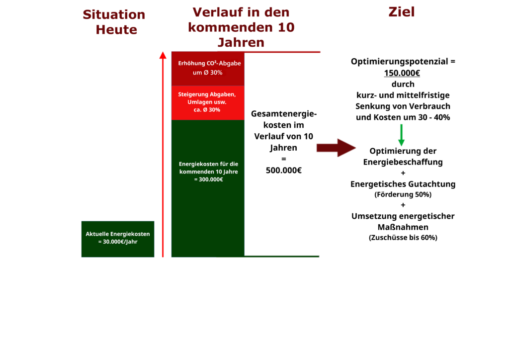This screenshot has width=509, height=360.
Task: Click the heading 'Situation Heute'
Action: coord(114,22)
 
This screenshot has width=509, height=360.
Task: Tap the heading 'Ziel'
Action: coord(402,12)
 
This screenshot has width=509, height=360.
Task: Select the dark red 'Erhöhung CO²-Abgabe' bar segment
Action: coord(208,69)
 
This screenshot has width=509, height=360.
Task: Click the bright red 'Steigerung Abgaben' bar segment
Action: coord(208,103)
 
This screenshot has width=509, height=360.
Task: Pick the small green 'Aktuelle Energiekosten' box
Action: coord(118,239)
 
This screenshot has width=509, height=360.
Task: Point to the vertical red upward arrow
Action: coord(163,154)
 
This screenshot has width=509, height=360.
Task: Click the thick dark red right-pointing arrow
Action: coord(336,148)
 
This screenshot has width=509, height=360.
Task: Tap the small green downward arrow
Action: coord(402,135)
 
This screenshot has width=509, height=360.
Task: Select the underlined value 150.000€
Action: coord(402,73)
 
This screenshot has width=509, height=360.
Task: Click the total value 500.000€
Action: coord(284,171)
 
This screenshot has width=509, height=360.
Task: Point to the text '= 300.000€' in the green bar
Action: coord(208,180)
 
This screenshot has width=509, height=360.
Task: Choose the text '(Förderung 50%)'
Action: coord(403,194)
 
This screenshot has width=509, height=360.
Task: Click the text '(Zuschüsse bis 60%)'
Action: coord(403,238)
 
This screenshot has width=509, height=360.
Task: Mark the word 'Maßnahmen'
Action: coord(403,227)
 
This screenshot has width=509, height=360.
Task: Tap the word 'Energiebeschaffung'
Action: coord(403,162)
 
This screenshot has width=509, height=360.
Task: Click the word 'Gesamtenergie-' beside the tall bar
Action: coord(284,114)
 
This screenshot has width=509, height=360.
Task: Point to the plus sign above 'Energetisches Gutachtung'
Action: coord(403,173)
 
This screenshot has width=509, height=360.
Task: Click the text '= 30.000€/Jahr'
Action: coord(118,242)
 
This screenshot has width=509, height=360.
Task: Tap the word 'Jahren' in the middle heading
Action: coord(241,42)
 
